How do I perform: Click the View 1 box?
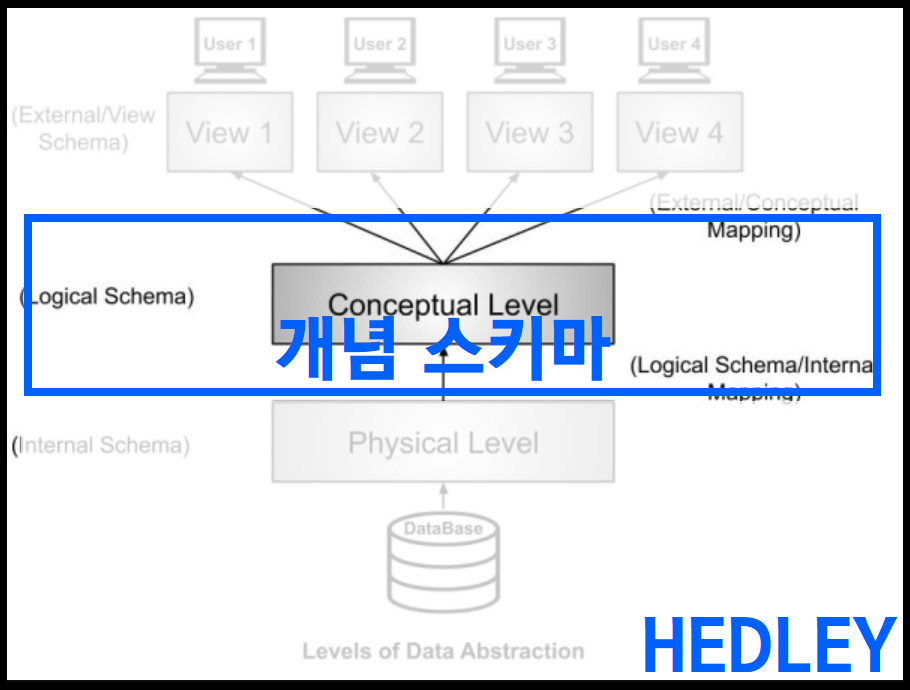point(230,132)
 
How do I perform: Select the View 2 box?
point(380,132)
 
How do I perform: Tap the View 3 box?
point(530,132)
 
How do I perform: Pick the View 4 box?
point(680,132)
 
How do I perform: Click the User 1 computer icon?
point(230,50)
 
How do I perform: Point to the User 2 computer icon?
point(380,50)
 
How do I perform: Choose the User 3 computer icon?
point(530,50)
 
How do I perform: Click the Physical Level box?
point(443,443)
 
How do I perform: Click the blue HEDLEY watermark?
point(768,645)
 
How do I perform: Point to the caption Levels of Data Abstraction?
point(443,651)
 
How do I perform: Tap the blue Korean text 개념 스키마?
point(440,347)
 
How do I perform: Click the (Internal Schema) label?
point(101,445)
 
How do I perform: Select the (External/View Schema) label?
point(84,128)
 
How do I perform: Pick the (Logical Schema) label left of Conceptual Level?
point(107,296)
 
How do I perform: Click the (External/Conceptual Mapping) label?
point(754,216)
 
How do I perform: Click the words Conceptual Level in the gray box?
point(443,303)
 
